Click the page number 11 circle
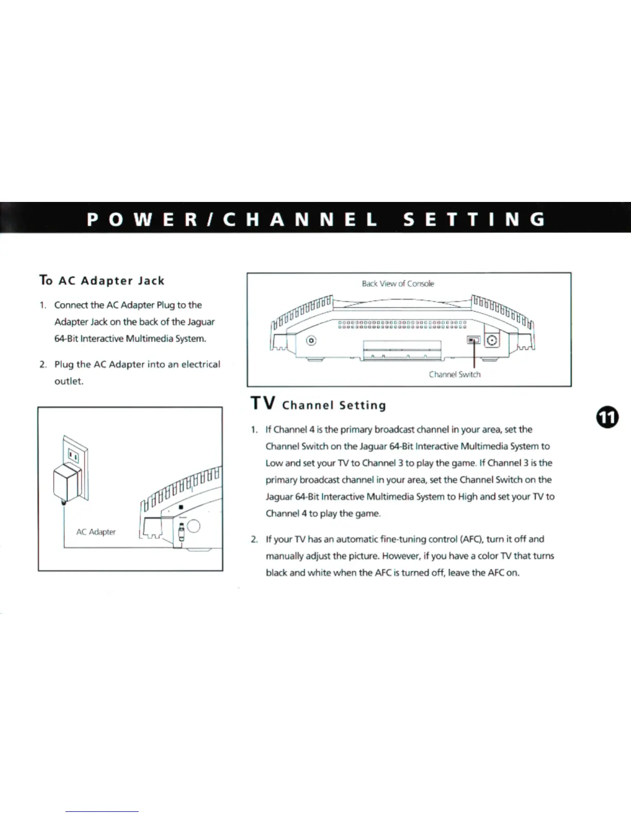click(x=608, y=417)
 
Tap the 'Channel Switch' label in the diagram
click(x=455, y=375)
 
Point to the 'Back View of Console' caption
click(x=398, y=283)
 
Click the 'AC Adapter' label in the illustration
click(x=96, y=532)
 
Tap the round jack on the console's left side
click(x=311, y=341)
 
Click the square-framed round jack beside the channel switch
click(x=492, y=341)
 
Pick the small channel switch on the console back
click(x=473, y=340)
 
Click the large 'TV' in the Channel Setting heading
click(x=262, y=403)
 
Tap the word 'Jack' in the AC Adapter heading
click(x=151, y=281)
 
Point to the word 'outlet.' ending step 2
click(x=69, y=381)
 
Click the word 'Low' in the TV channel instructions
click(x=274, y=463)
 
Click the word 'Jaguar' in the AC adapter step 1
click(x=201, y=322)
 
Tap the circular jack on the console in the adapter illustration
click(x=194, y=525)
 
